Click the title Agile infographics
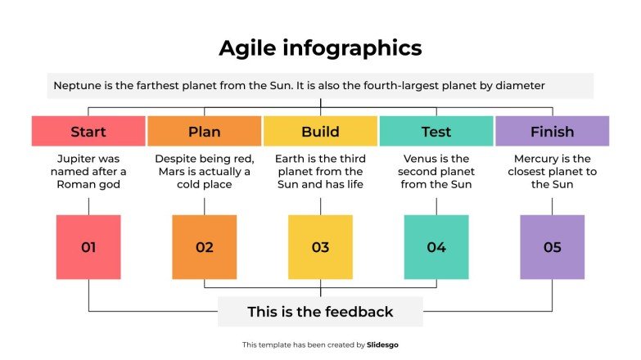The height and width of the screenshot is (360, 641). pyautogui.click(x=320, y=48)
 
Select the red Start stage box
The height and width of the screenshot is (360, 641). pyautogui.click(x=88, y=132)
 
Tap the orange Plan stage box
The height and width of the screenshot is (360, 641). pyautogui.click(x=205, y=132)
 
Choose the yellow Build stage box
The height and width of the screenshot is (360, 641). pyautogui.click(x=320, y=132)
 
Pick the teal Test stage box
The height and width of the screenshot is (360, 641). pyautogui.click(x=436, y=132)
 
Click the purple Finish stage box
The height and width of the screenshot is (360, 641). pyautogui.click(x=553, y=132)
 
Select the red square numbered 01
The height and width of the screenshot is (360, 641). pyautogui.click(x=88, y=247)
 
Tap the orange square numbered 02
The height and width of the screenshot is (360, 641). pyautogui.click(x=205, y=247)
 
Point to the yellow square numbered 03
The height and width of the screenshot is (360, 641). pyautogui.click(x=320, y=247)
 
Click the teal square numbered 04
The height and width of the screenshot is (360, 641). pyautogui.click(x=436, y=247)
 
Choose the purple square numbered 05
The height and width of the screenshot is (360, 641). pyautogui.click(x=553, y=247)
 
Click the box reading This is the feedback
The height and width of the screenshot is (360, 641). pyautogui.click(x=320, y=312)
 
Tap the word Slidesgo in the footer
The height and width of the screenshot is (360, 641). pyautogui.click(x=382, y=345)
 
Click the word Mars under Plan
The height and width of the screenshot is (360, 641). pyautogui.click(x=172, y=172)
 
